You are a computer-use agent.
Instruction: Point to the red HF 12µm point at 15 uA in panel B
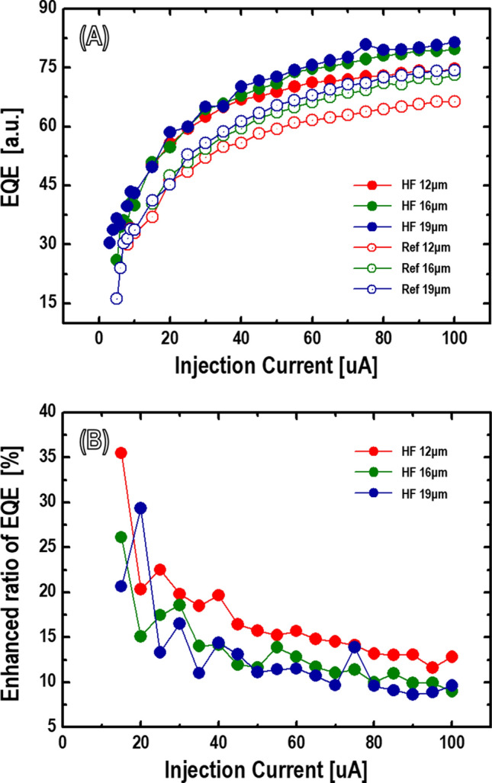[121, 453]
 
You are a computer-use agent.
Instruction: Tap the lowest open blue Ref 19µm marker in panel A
[116, 299]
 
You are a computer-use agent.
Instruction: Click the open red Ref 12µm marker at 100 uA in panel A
[455, 101]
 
